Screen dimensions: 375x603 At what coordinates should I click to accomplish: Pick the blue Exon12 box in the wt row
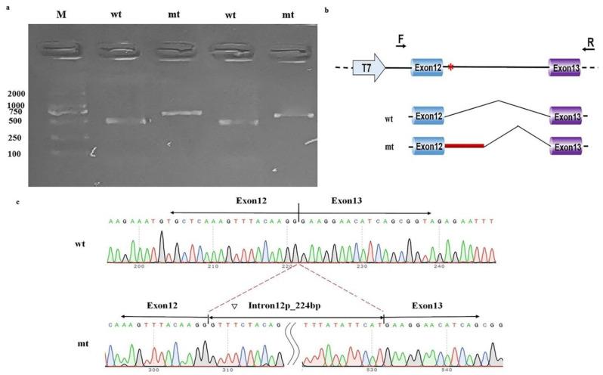tap(428, 118)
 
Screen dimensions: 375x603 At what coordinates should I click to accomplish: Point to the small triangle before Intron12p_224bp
tap(234, 305)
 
